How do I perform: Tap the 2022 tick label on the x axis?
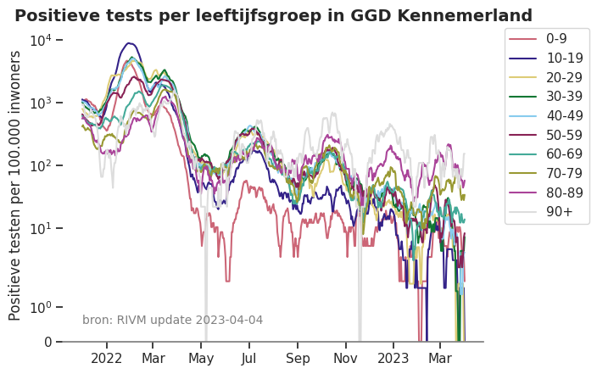(108, 358)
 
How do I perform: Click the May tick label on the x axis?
(202, 358)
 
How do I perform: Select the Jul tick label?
(249, 358)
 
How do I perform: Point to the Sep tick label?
(298, 358)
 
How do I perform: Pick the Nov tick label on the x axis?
(345, 358)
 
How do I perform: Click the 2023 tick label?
(393, 358)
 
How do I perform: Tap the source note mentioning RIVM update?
(172, 320)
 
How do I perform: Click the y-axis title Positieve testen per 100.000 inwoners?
(15, 185)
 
